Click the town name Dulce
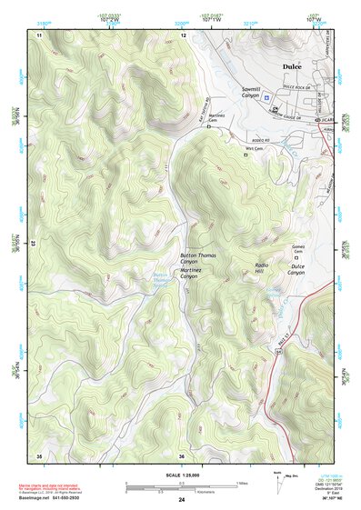(x=292, y=66)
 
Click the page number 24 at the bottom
(x=182, y=500)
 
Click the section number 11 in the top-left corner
(x=39, y=35)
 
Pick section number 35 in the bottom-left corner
(x=39, y=455)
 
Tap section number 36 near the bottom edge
(x=182, y=455)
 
